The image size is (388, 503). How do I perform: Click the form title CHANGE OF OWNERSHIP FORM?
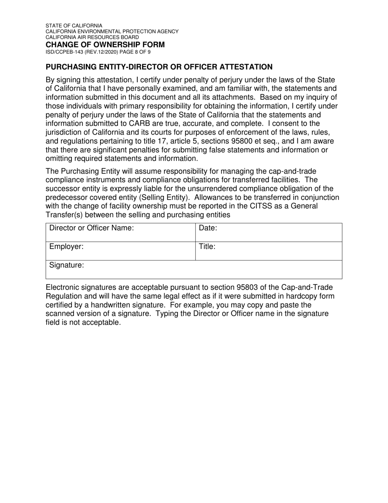pyautogui.click(x=105, y=45)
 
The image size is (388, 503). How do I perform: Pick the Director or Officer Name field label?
pyautogui.click(x=91, y=228)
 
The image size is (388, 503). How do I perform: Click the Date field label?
pyautogui.click(x=208, y=228)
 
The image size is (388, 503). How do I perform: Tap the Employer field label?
pyautogui.click(x=66, y=247)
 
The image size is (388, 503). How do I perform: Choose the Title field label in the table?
pyautogui.click(x=207, y=247)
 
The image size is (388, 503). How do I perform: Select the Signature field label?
pyautogui.click(x=67, y=265)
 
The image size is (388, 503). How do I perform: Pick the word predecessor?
pyautogui.click(x=67, y=197)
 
